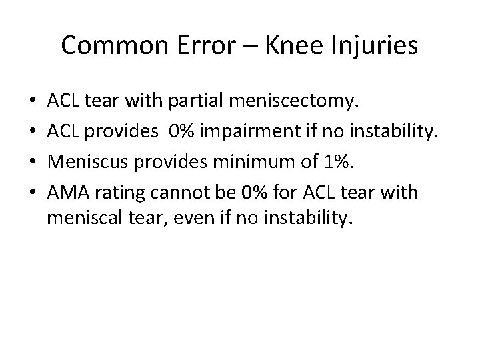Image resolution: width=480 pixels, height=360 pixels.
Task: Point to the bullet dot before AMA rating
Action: [33, 193]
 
